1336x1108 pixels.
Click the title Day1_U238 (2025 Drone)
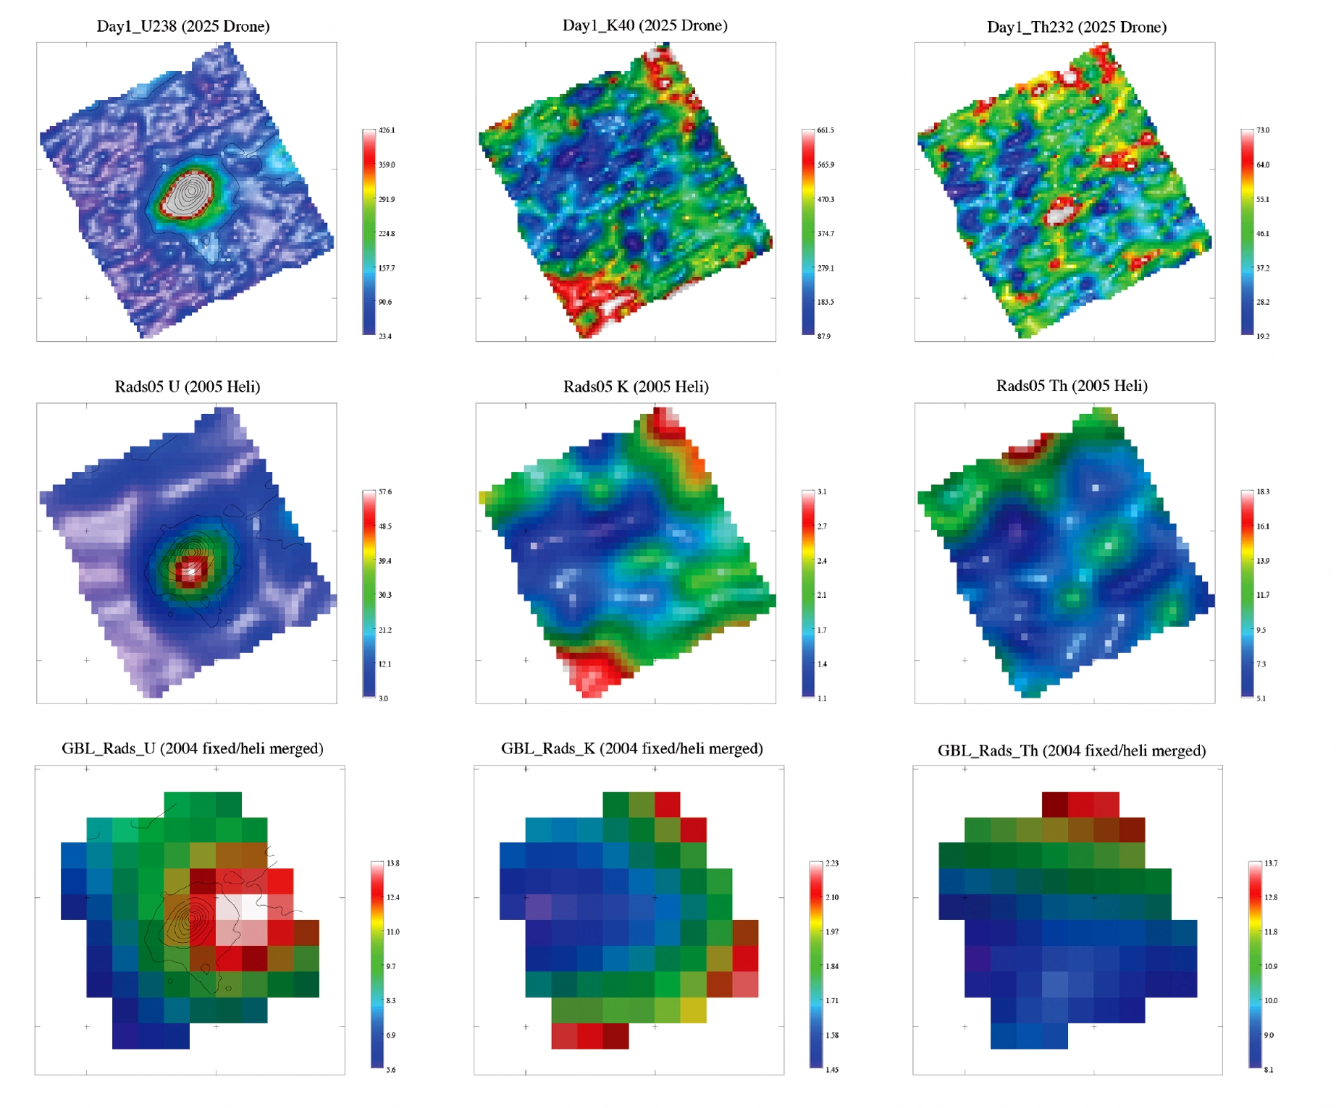(183, 27)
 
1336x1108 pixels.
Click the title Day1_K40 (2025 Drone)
(644, 26)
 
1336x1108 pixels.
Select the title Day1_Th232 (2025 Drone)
(1076, 28)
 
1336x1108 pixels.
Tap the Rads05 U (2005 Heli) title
(187, 386)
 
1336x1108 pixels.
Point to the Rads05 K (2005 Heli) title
(635, 386)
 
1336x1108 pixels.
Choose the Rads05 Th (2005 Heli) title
(1071, 386)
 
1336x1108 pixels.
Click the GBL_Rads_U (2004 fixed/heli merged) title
(192, 748)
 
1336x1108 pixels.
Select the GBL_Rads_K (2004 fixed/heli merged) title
(631, 748)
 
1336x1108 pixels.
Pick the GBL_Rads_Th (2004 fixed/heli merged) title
(1071, 750)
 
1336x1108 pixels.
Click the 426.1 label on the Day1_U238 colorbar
(387, 130)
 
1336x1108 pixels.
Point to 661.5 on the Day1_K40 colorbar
(825, 130)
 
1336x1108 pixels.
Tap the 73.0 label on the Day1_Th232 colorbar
(1263, 130)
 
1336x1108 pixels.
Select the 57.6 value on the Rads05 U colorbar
(385, 491)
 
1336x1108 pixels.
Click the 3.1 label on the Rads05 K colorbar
(822, 491)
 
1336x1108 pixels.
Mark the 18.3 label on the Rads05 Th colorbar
(1263, 491)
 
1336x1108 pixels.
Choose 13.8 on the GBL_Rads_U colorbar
(392, 863)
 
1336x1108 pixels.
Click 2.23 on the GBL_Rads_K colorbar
(833, 863)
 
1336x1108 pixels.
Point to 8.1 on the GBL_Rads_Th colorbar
(1269, 1069)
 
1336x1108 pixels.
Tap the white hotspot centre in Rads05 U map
(190, 571)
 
